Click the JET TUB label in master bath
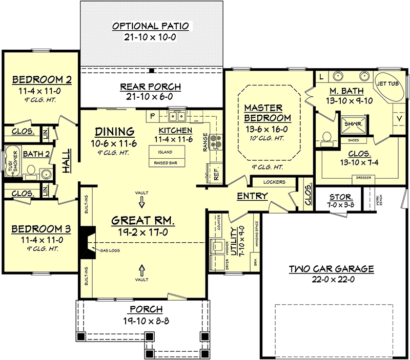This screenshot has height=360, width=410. pos(388,82)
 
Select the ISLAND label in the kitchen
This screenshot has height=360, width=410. pos(165,152)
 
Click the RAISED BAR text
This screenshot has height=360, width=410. pos(165,162)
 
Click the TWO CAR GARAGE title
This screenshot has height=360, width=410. pos(331,268)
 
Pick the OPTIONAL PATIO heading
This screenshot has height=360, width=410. pos(151,26)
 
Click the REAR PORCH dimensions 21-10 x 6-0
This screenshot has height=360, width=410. pos(151,96)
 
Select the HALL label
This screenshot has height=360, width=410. pos(66,162)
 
